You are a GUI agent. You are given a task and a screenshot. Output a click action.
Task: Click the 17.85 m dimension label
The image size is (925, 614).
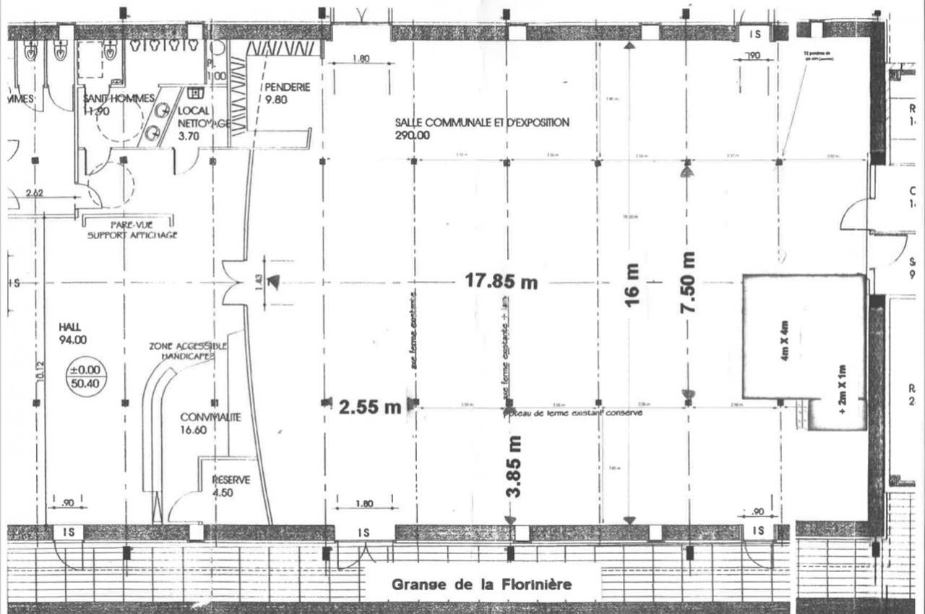[501, 281]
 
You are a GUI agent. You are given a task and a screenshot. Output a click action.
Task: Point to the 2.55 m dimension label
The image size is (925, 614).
[369, 407]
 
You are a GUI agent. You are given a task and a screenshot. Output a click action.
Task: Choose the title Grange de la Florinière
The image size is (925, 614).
[481, 584]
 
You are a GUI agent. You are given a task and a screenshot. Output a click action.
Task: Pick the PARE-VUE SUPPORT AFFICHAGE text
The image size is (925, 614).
[132, 230]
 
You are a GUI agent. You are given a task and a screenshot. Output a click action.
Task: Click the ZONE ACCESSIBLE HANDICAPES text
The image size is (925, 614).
[188, 352]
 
